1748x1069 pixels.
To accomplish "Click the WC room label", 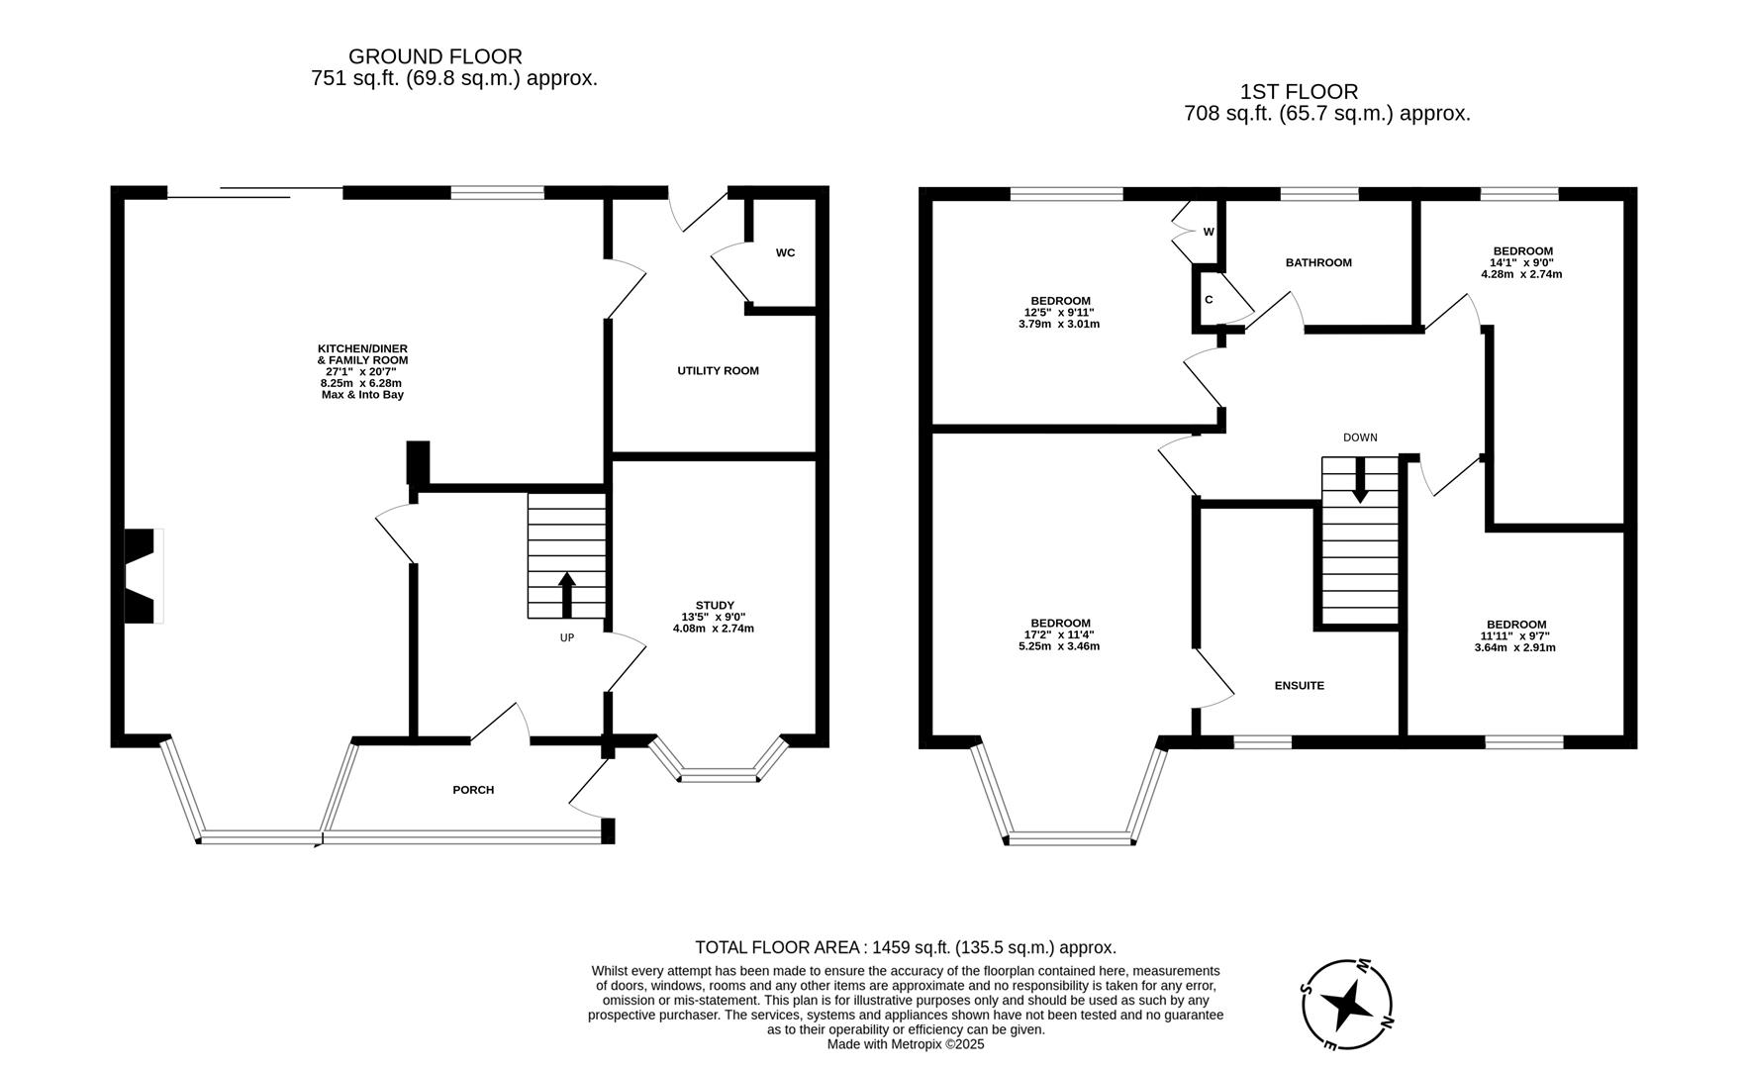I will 785,252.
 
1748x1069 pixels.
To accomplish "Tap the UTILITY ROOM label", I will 718,371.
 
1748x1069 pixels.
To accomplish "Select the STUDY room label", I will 714,606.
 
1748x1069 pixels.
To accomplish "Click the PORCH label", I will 473,790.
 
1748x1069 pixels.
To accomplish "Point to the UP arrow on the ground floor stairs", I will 567,595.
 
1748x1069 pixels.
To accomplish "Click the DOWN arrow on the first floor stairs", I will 1360,479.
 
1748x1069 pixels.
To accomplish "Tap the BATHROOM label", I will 1318,263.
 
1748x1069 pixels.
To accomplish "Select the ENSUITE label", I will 1299,685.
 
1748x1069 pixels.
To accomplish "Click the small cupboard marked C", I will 1209,300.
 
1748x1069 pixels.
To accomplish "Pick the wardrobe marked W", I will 1209,232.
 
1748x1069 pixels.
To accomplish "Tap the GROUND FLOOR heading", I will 436,57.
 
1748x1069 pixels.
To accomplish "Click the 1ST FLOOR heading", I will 1299,92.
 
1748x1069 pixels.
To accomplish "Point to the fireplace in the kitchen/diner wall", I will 142,576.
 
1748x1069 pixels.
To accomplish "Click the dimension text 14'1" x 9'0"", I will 1521,262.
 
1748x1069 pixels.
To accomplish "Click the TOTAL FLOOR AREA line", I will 905,947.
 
